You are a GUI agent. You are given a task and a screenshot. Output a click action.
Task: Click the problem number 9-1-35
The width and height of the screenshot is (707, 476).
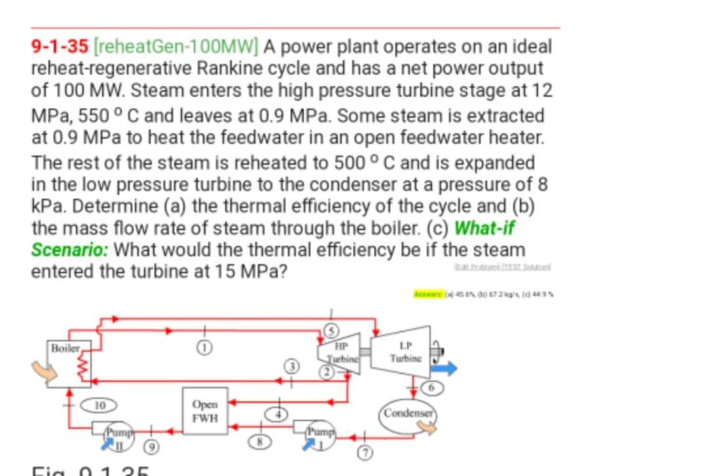(61, 47)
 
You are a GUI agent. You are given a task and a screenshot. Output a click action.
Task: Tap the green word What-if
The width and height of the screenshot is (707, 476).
(488, 229)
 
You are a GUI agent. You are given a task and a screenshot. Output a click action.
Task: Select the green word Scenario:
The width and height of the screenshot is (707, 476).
(73, 250)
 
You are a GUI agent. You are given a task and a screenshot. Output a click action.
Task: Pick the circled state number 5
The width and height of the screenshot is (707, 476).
(333, 331)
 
